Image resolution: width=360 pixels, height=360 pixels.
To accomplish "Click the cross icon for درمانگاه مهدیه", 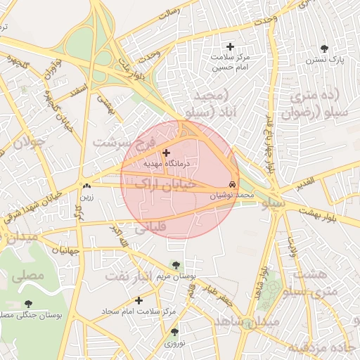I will click(166, 153).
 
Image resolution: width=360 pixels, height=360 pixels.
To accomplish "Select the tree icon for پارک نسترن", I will click(324, 49).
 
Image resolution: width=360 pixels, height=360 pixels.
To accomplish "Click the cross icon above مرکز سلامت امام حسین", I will click(230, 46).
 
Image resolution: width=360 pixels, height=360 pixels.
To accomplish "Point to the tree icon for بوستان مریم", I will click(176, 265).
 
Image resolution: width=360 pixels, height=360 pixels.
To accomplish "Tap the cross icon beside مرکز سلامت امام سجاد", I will click(139, 300).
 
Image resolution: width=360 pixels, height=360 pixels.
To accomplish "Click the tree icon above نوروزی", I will click(174, 331).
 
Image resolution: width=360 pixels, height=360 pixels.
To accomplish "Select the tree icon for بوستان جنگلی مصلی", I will click(27, 304).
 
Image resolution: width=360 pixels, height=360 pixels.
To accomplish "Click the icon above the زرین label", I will click(86, 186).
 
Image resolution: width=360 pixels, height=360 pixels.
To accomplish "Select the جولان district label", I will click(30, 141).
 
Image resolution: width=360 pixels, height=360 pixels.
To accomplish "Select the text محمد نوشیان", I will click(231, 194).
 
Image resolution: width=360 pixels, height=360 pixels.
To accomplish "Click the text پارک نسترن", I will click(324, 61).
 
